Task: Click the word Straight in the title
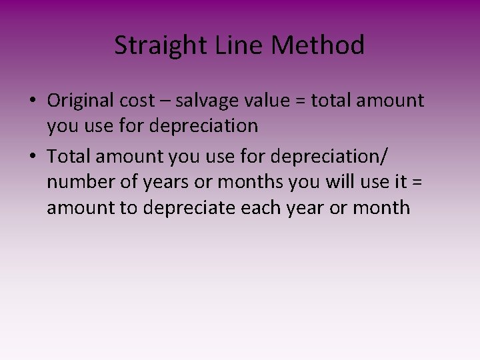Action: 152,46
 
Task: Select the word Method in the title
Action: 319,46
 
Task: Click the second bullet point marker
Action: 32,157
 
